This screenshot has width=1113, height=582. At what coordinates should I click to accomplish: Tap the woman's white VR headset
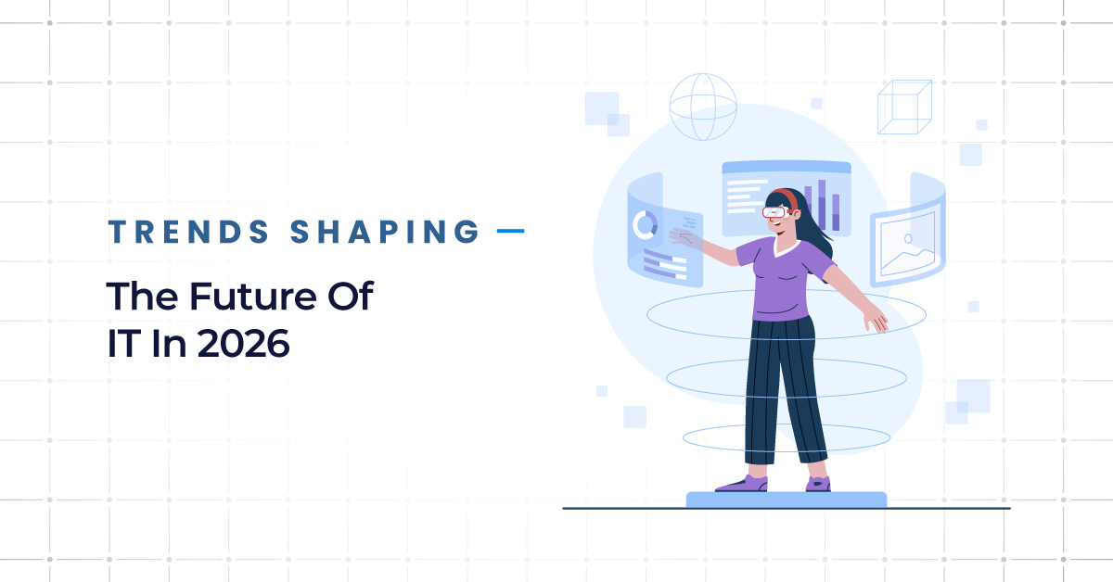point(776,211)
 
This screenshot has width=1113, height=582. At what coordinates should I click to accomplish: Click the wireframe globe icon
point(702,107)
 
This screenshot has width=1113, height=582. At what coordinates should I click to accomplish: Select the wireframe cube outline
point(903,108)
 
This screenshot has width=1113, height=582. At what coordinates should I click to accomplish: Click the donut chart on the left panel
point(644,224)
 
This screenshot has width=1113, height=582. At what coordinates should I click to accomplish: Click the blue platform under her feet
point(786,500)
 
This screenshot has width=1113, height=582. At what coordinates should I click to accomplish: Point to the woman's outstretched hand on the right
point(876,319)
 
